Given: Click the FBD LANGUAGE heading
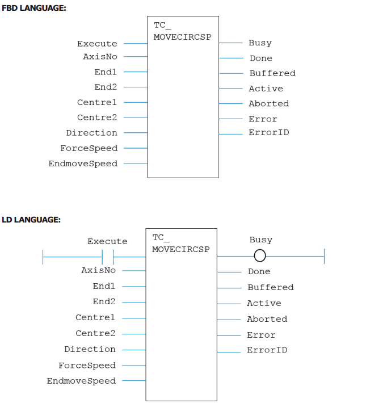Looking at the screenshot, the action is click(x=34, y=8).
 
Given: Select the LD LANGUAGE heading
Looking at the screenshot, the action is click(x=31, y=220).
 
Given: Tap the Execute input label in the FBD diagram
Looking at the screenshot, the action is click(x=97, y=44).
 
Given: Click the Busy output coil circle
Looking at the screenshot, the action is click(x=260, y=256).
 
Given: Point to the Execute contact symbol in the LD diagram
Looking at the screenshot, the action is click(x=108, y=257).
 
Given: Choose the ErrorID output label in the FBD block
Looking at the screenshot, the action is click(x=269, y=132).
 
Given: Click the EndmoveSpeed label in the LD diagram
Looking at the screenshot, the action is click(x=81, y=381).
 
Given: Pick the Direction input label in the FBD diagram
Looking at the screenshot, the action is click(x=91, y=133).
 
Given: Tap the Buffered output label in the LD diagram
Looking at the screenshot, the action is click(x=271, y=287).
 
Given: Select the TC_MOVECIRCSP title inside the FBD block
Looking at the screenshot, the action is click(x=182, y=31).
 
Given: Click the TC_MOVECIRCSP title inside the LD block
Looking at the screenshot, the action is click(x=181, y=244).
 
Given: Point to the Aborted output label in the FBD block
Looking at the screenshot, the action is click(x=269, y=103).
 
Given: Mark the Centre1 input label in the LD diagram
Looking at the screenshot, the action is click(x=95, y=317).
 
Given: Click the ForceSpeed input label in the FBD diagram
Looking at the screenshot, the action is click(x=89, y=148).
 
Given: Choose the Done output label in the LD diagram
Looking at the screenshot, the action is click(x=259, y=271).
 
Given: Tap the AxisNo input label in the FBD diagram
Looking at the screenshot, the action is click(x=100, y=57).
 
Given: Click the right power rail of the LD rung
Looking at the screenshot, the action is click(x=324, y=256).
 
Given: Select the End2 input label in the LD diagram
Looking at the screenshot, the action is click(x=104, y=301).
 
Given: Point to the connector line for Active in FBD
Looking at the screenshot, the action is click(x=231, y=89).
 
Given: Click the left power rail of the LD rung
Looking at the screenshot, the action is click(x=43, y=257).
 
